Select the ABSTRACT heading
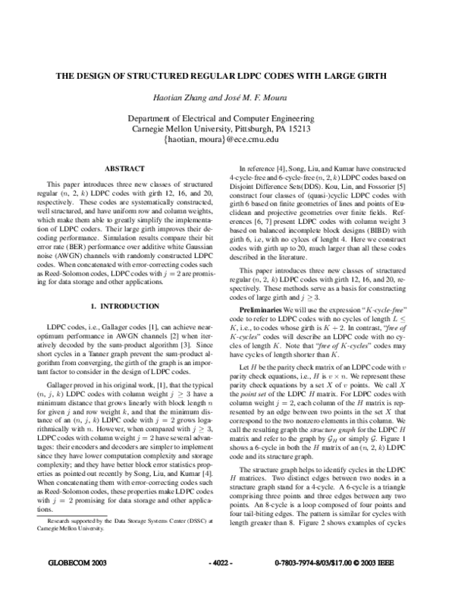(124, 168)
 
